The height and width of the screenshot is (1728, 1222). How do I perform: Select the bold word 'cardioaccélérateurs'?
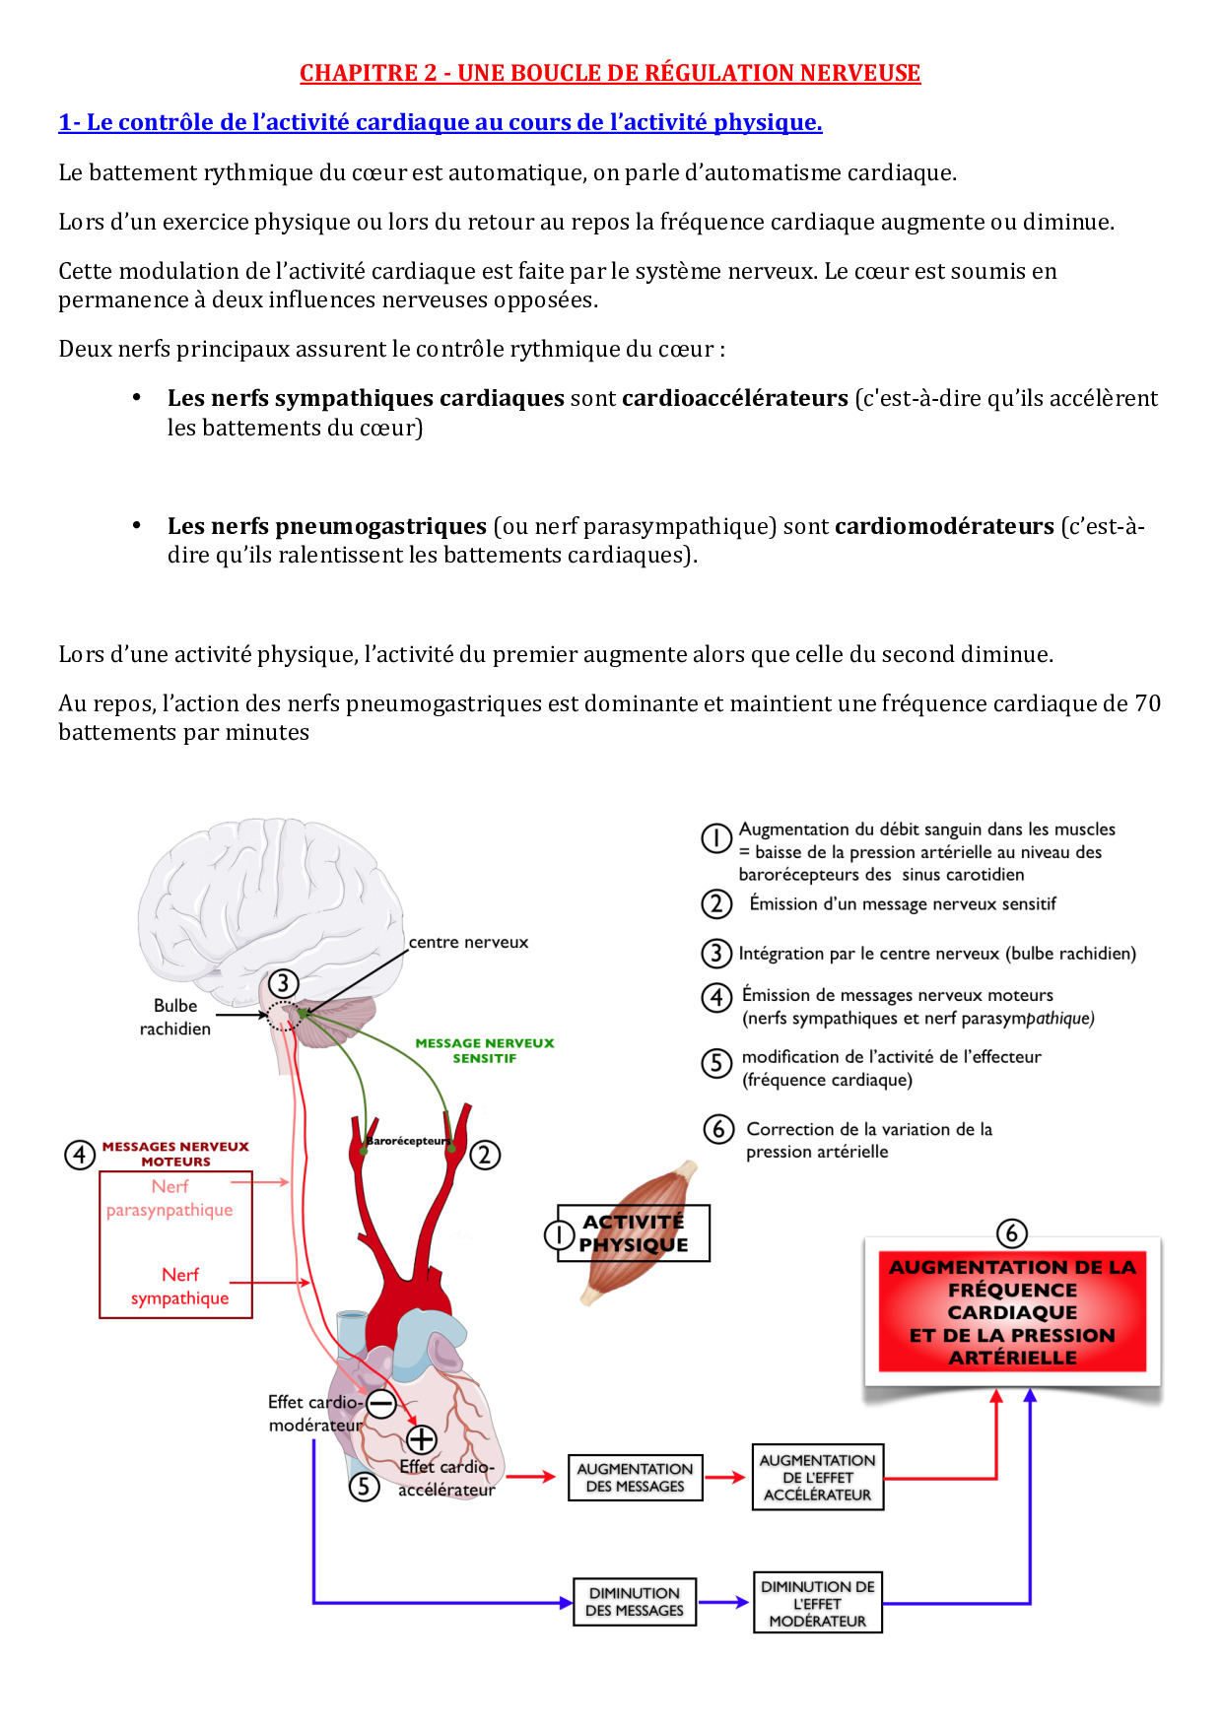click(x=734, y=398)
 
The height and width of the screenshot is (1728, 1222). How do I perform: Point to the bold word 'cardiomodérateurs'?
click(x=944, y=526)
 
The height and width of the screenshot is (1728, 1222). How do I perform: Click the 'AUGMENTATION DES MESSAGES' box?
click(x=635, y=1478)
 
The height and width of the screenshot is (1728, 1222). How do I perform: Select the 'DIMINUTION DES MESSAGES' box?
click(x=635, y=1602)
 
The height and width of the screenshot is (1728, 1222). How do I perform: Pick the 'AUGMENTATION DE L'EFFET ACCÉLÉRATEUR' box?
click(x=817, y=1477)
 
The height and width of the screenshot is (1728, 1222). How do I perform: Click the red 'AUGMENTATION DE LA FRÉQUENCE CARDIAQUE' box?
click(x=1012, y=1312)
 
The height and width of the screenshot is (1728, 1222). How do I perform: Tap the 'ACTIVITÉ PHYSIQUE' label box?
click(x=634, y=1233)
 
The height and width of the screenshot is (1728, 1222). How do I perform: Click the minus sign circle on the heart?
click(x=381, y=1403)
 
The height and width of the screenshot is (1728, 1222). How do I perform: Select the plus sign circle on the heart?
click(x=422, y=1439)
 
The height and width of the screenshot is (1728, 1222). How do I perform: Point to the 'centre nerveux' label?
click(x=468, y=943)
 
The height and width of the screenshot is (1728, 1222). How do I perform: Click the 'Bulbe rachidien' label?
click(x=175, y=1017)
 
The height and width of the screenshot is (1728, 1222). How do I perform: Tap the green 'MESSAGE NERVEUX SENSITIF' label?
click(x=484, y=1050)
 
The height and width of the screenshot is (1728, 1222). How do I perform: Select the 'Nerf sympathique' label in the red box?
click(x=179, y=1287)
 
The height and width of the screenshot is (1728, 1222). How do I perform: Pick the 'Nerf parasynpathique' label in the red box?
click(x=170, y=1198)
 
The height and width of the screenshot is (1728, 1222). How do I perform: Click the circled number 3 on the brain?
click(x=283, y=983)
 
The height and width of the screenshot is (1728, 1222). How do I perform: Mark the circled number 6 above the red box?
click(x=1011, y=1233)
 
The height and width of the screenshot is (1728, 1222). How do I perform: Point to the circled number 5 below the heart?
click(x=365, y=1486)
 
